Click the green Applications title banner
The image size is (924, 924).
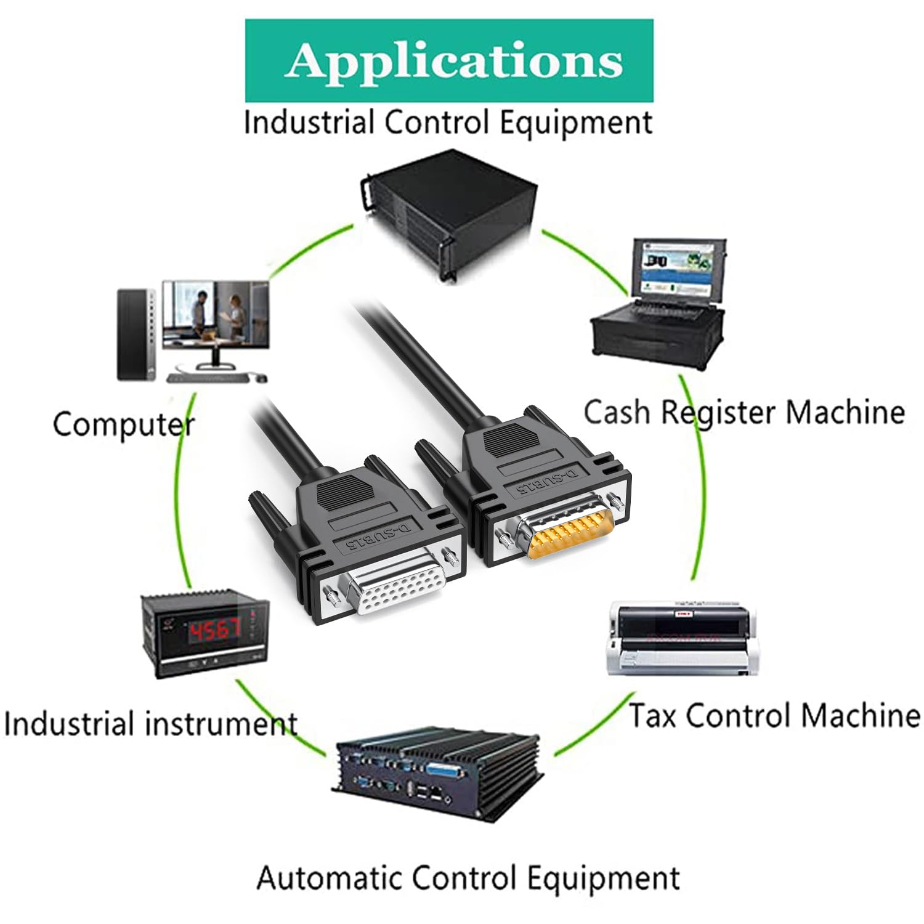pyautogui.click(x=449, y=60)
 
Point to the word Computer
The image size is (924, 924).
pyautogui.click(x=123, y=424)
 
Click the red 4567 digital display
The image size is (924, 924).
pyautogui.click(x=214, y=630)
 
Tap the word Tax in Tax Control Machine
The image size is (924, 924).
pyautogui.click(x=652, y=716)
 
